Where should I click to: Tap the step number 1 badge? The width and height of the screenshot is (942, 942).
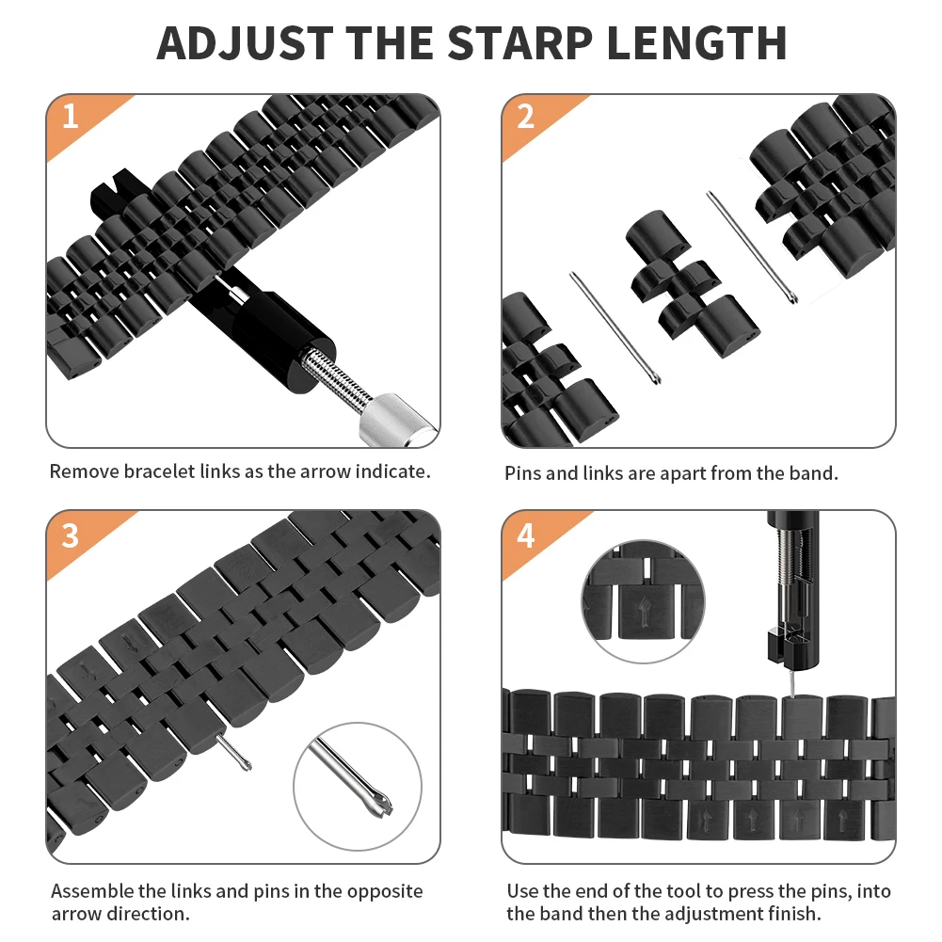[70, 118]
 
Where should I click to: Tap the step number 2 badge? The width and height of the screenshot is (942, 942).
[525, 118]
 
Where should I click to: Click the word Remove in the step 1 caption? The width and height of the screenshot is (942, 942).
[84, 471]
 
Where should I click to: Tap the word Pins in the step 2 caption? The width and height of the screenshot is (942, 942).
[522, 473]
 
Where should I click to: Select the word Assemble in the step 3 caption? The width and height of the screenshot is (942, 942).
[92, 891]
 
